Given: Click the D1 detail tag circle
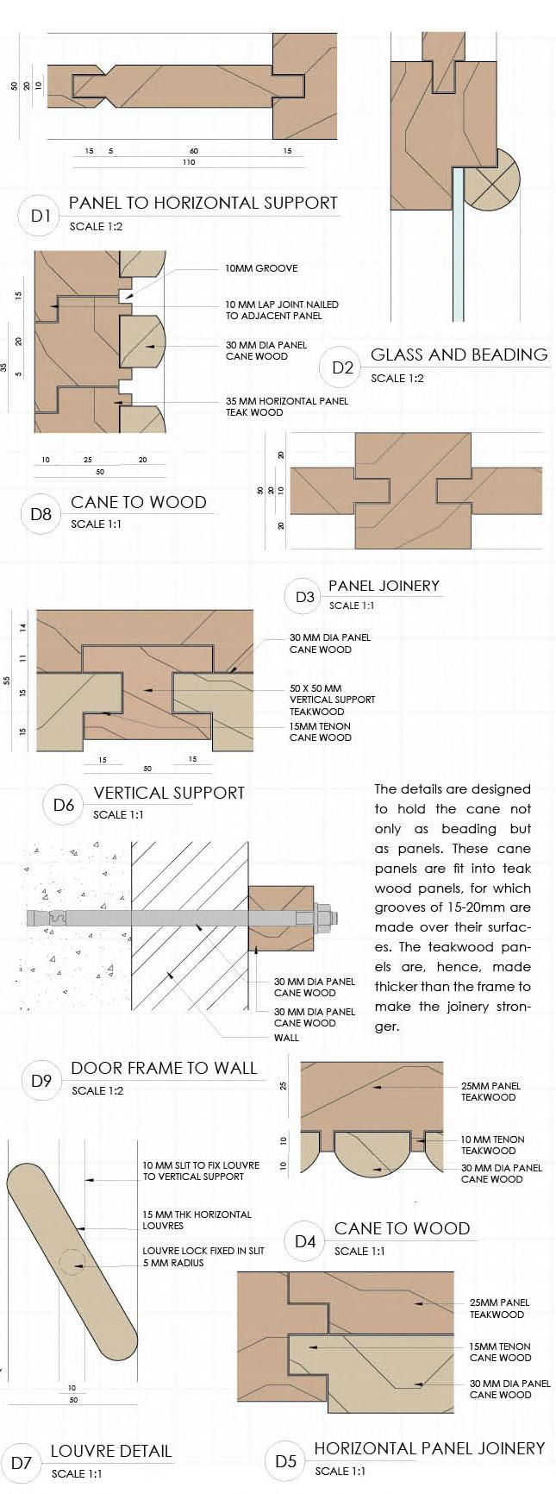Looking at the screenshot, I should pos(41,216).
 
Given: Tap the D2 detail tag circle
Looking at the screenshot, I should pos(342,367).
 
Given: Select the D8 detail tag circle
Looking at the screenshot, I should pos(41,514).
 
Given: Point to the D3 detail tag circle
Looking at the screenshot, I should pos(305,597).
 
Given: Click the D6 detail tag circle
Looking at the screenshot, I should pos(65,805).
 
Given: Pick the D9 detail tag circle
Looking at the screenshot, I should pos(41,1080).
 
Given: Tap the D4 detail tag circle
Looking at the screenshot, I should pos(305,1241).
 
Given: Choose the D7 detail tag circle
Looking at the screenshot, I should pos(22,1462).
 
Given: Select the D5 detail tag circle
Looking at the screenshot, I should pos(285,1461).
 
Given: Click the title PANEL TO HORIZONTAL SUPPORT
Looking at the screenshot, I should pos(203,203).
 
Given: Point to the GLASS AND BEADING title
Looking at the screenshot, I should pos(459,355).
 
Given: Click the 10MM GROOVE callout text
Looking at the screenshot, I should pos(261,268).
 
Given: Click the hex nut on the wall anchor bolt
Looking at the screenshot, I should pos(322,917).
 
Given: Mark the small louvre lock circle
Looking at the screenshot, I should pos(74,1264).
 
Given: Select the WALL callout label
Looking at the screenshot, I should pos(286,1037).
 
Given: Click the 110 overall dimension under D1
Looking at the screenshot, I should pos(190,162).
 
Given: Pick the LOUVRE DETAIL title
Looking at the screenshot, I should pos(111,1451).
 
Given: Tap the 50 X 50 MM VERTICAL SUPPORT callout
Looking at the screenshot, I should pos(332,700).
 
